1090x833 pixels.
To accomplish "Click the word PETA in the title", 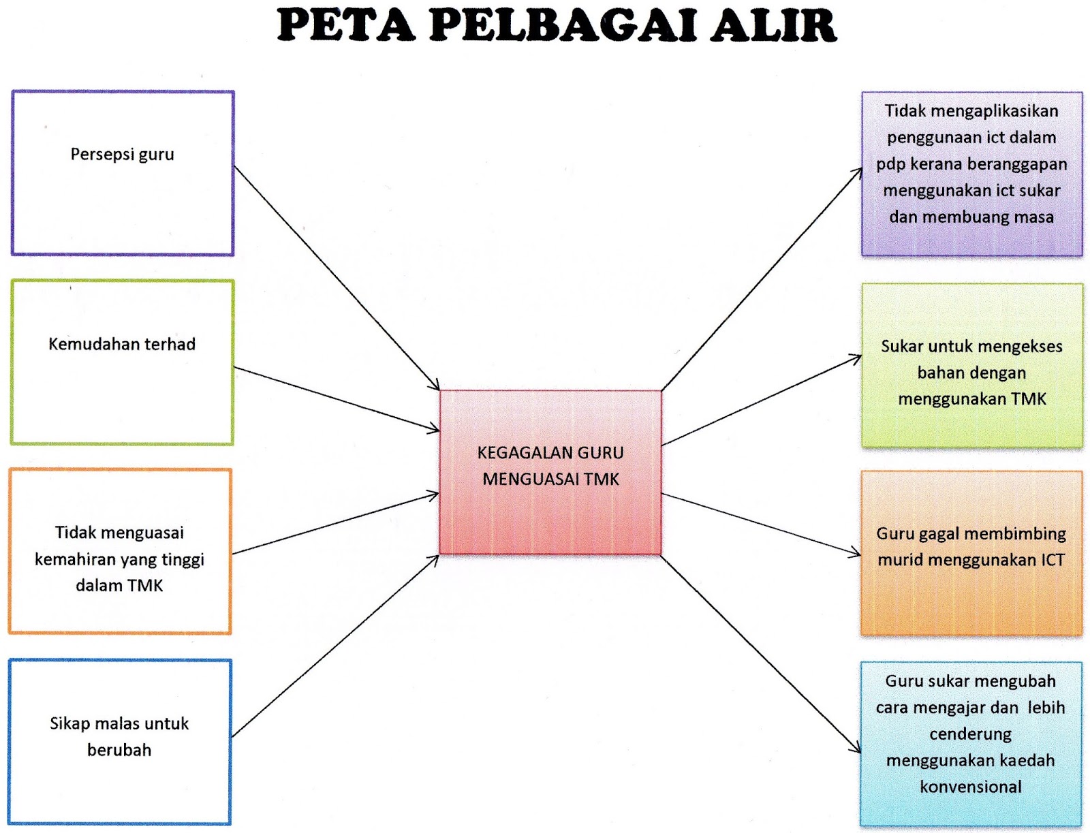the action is (x=345, y=25).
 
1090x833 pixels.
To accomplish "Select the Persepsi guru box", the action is (x=123, y=173).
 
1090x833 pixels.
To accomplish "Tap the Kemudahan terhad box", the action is (x=123, y=362).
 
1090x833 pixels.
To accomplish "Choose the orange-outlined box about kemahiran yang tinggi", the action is (x=120, y=552).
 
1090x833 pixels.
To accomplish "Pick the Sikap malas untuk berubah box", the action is (x=120, y=742).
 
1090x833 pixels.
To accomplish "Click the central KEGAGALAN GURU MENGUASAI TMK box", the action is (x=550, y=471).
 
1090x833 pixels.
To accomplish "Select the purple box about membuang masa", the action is (x=971, y=174).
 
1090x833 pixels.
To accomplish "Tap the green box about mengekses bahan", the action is (x=971, y=366).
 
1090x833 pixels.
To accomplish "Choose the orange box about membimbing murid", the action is (x=971, y=553).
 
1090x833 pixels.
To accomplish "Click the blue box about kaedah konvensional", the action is (x=971, y=744).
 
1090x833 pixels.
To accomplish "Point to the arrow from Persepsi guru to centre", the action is (x=337, y=278).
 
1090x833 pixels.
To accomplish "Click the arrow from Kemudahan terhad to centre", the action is (x=337, y=399).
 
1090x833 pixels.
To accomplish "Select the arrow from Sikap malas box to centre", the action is (x=335, y=646).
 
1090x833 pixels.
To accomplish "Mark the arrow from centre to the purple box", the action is (x=762, y=279).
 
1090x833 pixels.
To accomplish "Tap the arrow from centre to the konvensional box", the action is (x=761, y=654).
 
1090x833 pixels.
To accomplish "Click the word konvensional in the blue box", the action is (x=971, y=787).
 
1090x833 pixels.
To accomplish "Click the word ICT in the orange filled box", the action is (x=1053, y=560).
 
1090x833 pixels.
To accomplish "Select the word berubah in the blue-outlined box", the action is (x=119, y=750).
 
